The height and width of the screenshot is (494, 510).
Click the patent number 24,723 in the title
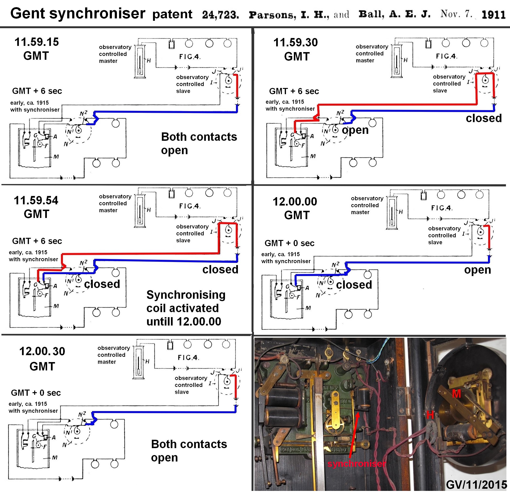[220, 15]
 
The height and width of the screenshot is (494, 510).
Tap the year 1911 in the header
[493, 15]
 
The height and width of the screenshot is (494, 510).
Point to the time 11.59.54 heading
[36, 201]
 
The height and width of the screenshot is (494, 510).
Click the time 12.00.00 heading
[295, 202]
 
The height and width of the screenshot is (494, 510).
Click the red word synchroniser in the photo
[356, 464]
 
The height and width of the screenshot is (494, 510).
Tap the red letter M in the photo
[456, 394]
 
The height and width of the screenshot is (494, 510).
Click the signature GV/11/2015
[477, 485]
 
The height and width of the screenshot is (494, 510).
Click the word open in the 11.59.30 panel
[355, 130]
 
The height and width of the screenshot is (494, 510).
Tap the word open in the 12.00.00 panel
[477, 270]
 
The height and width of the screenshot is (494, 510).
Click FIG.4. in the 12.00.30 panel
[188, 358]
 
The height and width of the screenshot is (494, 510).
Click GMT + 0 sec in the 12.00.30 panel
[36, 393]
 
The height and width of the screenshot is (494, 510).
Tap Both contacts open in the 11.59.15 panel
[199, 144]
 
